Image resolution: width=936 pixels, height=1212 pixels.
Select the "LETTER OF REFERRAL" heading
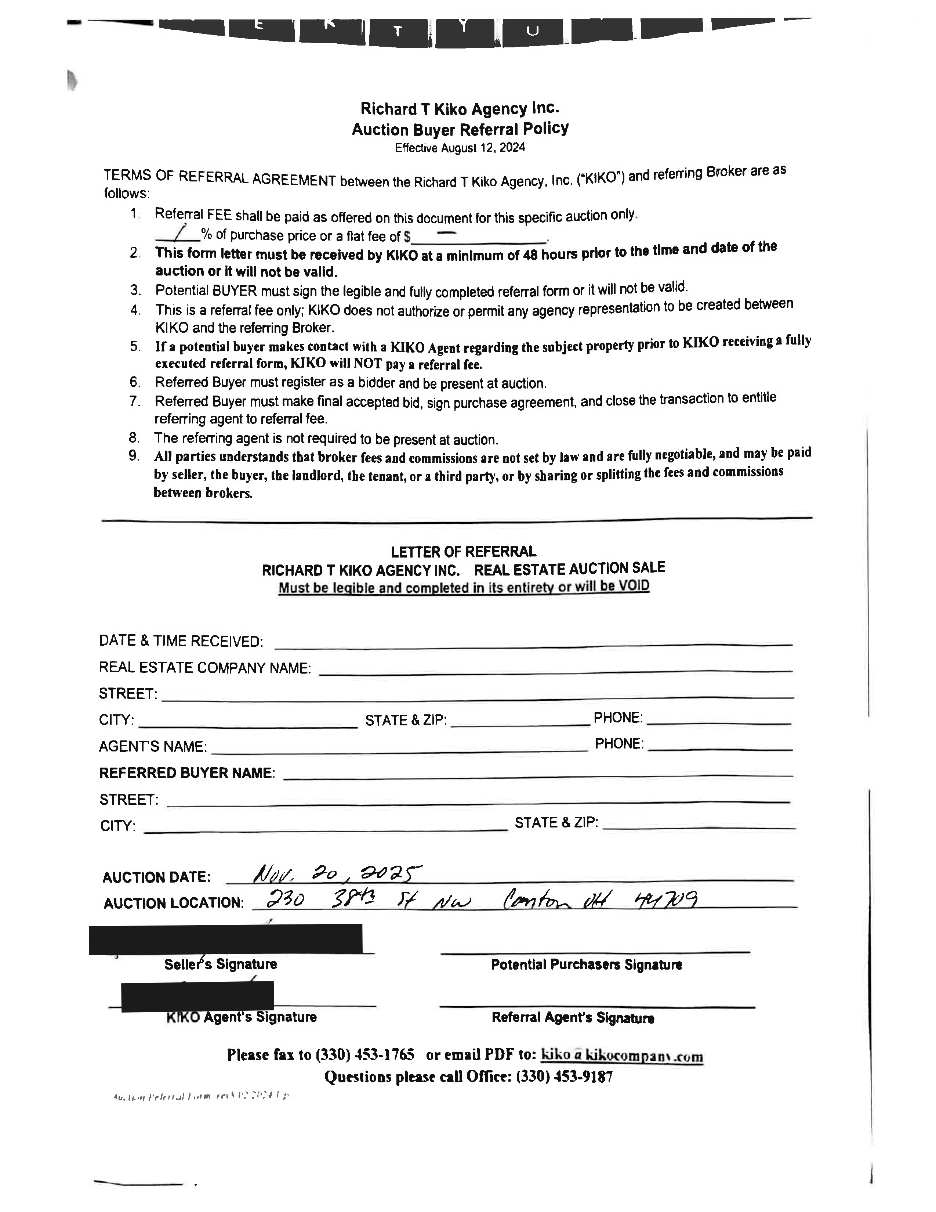464,552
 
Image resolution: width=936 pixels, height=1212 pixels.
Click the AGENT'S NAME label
152,746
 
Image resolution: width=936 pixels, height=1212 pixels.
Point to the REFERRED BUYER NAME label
187,773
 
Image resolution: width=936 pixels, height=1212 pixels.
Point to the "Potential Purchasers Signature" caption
586,964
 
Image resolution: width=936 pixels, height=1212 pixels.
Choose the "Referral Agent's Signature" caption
573,1017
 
